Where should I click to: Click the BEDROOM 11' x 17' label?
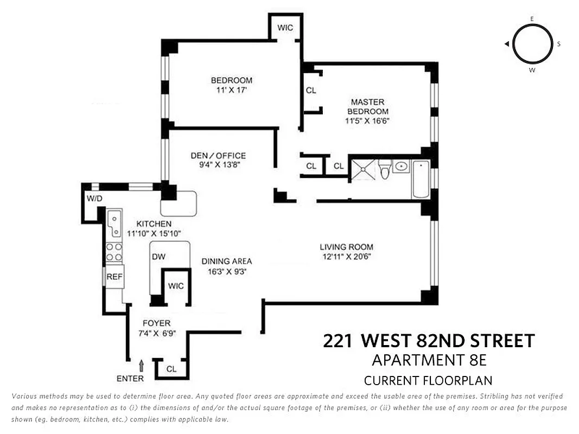tap(232, 86)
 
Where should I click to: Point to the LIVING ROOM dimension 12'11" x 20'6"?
tap(346, 257)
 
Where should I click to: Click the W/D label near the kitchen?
tap(94, 199)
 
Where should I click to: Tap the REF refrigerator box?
tap(114, 276)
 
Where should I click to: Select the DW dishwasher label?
tap(158, 257)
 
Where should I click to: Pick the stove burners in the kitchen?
tap(114, 252)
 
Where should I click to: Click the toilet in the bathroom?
tap(385, 169)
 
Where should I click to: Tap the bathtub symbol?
tap(421, 179)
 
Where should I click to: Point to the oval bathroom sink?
tap(402, 167)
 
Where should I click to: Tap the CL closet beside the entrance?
tap(171, 369)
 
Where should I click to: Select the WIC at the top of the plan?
tap(285, 27)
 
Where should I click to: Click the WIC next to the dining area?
tap(176, 286)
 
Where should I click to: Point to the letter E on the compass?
tap(532, 18)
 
